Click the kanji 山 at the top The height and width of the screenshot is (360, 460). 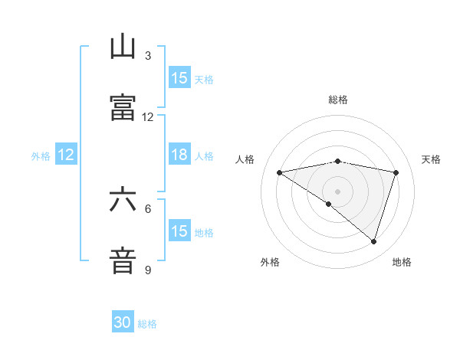(x=123, y=47)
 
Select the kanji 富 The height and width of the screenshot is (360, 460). (x=123, y=107)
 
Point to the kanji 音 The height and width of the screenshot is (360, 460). (x=123, y=260)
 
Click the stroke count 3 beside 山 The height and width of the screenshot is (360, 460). (x=148, y=56)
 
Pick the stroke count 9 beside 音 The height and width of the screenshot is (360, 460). (x=148, y=270)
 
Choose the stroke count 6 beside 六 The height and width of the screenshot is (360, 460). (x=148, y=208)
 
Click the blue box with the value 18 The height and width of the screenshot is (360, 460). (x=179, y=155)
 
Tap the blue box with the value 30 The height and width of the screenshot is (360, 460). (x=123, y=323)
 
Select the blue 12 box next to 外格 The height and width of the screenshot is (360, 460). (x=66, y=155)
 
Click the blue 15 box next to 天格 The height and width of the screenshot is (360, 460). (x=179, y=78)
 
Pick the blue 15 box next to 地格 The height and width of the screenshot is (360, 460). (x=179, y=231)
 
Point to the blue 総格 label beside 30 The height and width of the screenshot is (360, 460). (x=147, y=324)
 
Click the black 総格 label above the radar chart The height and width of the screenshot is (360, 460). (x=338, y=100)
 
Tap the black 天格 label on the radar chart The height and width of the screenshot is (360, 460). (x=431, y=159)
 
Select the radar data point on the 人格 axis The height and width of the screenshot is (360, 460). (x=279, y=172)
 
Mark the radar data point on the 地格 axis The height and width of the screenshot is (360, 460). (x=373, y=241)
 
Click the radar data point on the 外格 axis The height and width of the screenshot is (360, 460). (x=329, y=204)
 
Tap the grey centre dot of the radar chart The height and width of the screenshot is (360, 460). (x=338, y=191)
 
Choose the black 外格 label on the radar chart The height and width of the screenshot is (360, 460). (x=270, y=262)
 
